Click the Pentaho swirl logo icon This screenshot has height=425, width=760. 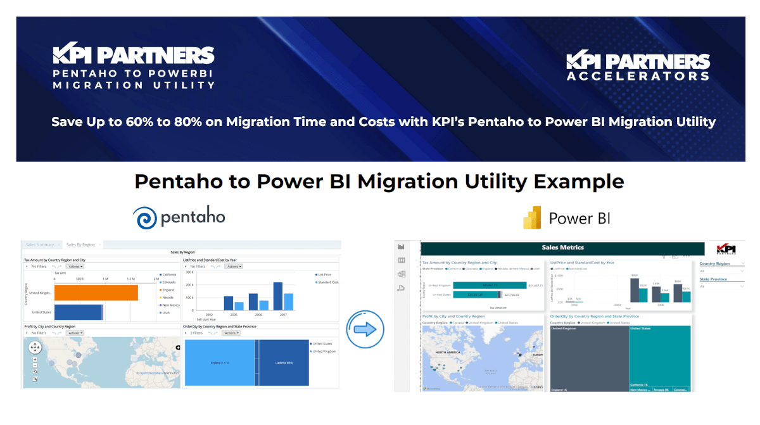146,218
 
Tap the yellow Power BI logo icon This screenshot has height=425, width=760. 532,218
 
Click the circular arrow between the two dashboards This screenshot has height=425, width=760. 366,329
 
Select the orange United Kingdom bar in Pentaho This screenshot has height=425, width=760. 96,293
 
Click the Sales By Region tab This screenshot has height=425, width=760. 80,244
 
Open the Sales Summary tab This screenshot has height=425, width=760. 39,244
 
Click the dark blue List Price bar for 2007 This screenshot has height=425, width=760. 277,296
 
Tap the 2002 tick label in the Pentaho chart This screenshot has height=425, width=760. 209,314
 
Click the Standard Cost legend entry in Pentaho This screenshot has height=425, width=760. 328,282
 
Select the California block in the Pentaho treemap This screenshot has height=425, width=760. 284,362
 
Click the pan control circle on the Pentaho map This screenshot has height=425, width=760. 35,346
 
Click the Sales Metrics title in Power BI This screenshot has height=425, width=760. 562,248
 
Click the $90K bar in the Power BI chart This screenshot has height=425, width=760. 634,290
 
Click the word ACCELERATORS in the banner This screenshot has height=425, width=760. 638,76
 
